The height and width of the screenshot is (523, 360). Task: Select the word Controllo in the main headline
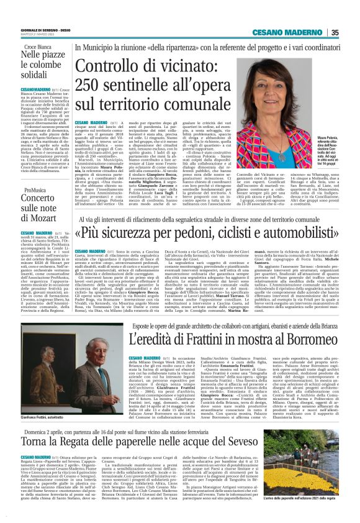coord(109,65)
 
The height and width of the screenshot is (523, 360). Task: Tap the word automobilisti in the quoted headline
coord(281,233)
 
